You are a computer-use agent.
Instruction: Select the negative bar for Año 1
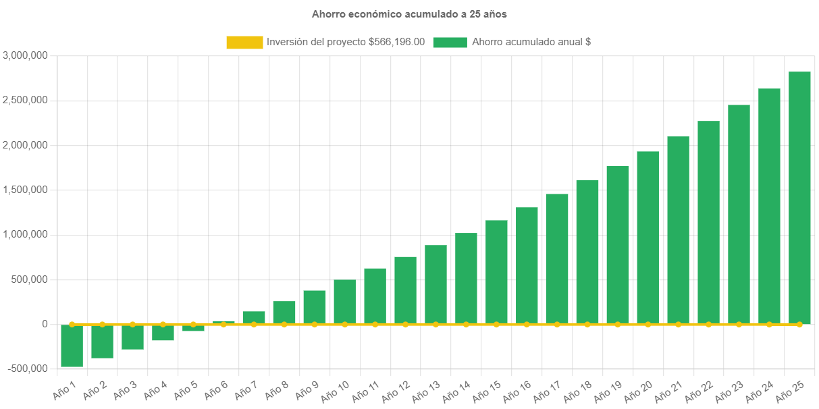coord(72,346)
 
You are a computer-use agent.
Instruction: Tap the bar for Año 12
coord(405,290)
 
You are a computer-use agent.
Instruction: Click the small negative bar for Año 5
coord(193,328)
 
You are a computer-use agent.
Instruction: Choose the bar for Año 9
coord(315,307)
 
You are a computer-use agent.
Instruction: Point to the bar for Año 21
coord(678,230)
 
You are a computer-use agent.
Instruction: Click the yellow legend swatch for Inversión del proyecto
coord(244,43)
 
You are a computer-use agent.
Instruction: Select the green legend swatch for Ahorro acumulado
coord(450,43)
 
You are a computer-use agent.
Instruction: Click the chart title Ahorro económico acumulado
coord(409,14)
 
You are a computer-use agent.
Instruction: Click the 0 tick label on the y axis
coord(45,324)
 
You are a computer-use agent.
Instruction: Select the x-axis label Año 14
coord(457,389)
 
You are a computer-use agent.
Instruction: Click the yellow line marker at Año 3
coord(132,325)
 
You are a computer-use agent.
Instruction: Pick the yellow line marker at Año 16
coord(527,325)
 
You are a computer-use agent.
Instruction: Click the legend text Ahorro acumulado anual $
coord(531,42)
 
